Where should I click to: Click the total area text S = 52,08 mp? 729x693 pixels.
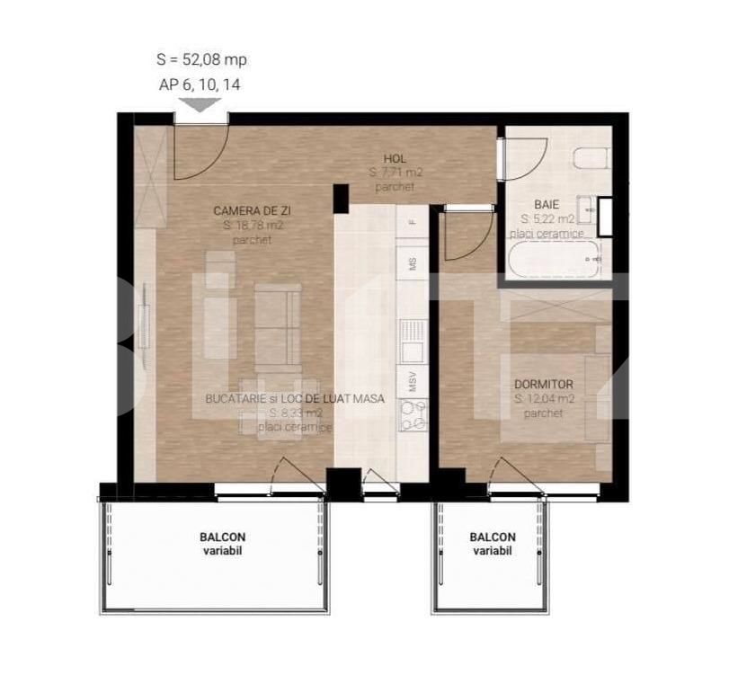click(201, 60)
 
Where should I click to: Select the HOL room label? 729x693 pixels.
click(395, 159)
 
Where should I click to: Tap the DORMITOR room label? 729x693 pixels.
click(544, 384)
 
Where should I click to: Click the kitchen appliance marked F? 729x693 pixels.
click(413, 220)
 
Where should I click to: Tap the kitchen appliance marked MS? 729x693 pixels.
click(413, 264)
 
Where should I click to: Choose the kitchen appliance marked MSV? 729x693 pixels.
click(413, 381)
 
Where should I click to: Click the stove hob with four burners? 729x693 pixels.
click(413, 416)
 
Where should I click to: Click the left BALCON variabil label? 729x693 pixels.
click(223, 544)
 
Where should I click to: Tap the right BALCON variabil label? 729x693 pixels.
click(493, 544)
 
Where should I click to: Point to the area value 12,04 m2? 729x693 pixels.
click(545, 398)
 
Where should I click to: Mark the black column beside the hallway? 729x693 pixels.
click(341, 198)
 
